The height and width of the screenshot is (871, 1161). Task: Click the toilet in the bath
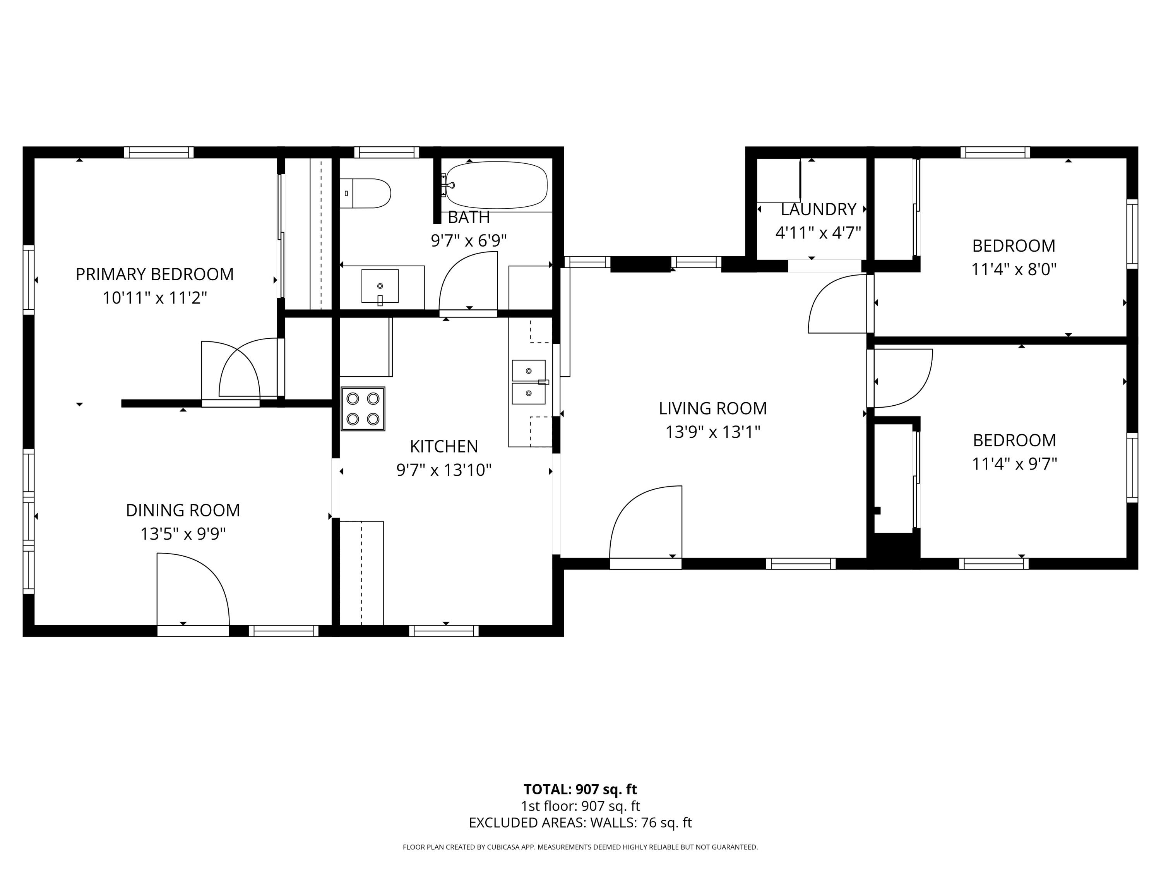(x=366, y=193)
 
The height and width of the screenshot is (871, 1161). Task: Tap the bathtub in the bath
(x=496, y=185)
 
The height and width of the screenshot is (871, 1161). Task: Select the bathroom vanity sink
(x=380, y=286)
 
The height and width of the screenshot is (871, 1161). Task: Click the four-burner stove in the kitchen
(x=363, y=409)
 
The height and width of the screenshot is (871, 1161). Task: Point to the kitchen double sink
(x=529, y=382)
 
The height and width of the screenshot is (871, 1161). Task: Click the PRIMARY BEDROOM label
(x=154, y=274)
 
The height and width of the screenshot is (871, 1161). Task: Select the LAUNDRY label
(x=818, y=209)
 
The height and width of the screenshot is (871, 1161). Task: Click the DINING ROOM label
(x=183, y=510)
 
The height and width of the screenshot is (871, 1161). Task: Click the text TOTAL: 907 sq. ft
(x=580, y=789)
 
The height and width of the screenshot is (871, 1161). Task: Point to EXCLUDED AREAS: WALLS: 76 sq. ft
(x=580, y=823)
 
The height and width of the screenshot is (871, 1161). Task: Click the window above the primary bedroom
(x=159, y=152)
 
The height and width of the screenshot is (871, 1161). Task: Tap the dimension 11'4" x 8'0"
(x=1013, y=270)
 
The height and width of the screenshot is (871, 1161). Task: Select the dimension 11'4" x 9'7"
(x=1014, y=464)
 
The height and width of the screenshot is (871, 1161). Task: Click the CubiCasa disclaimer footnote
(x=580, y=847)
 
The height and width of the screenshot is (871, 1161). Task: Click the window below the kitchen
(x=444, y=631)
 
